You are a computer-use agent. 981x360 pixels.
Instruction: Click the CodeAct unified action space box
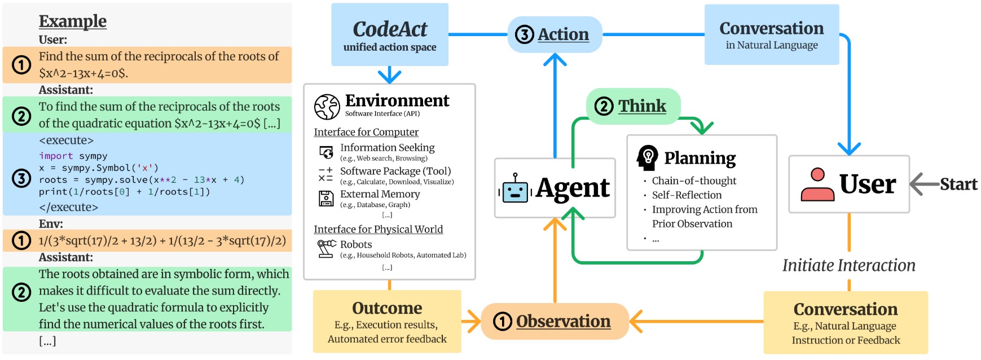point(390,35)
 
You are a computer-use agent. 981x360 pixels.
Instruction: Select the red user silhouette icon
point(817,185)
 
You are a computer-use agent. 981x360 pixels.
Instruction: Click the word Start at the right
point(958,185)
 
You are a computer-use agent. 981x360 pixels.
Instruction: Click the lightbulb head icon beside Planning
point(647,157)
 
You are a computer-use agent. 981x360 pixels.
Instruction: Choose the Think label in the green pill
point(642,106)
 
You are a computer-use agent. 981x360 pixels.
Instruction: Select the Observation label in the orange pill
point(563,321)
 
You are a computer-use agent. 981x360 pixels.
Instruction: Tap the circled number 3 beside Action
point(525,35)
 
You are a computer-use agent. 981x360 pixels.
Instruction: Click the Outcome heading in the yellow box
point(387,308)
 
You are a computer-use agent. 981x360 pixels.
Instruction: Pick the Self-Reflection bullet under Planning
point(687,195)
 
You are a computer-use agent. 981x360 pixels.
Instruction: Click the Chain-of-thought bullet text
point(694,181)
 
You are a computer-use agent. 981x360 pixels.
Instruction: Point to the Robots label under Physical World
point(356,244)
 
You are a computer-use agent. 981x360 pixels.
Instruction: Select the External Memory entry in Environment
point(380,194)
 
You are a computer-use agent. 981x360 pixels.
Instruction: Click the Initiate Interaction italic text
point(848,265)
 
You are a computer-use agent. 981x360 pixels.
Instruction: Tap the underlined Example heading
point(73,21)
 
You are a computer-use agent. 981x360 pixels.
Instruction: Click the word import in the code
point(56,156)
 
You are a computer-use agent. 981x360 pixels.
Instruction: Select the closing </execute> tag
point(68,207)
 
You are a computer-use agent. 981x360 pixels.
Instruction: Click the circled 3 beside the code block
point(21,179)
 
